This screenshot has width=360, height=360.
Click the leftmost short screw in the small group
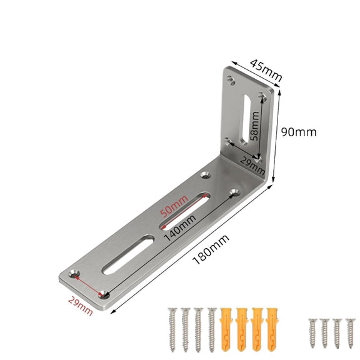tap(312, 332)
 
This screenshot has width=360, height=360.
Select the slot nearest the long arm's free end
tap(126, 256)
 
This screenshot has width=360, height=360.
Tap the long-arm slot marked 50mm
tap(184, 212)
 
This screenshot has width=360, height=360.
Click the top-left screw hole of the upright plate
tap(232, 79)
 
